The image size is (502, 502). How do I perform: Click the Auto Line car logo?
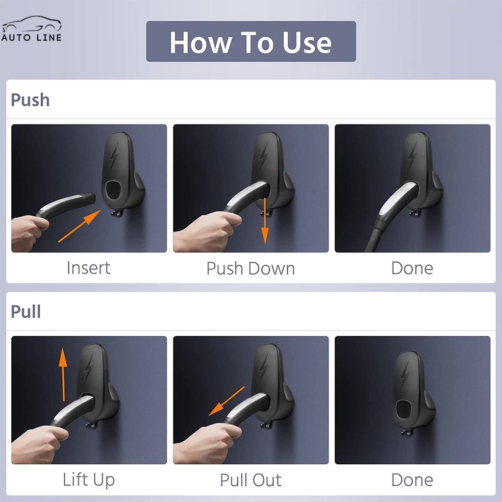coord(31,28)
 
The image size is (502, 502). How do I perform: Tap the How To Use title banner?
coord(251,41)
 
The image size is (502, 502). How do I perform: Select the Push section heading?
coord(30,100)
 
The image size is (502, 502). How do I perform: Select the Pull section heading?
coord(25,311)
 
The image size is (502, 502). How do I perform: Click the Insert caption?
coord(89,268)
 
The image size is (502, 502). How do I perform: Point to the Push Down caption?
coord(251,268)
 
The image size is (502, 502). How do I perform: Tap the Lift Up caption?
coord(89,479)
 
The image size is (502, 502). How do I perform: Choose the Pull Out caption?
coord(251,480)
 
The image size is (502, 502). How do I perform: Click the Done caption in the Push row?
coord(412,268)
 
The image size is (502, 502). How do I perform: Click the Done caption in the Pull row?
coord(412,480)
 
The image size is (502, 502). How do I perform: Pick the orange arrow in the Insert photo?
coord(80,226)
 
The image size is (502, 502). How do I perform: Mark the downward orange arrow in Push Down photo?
coord(265,221)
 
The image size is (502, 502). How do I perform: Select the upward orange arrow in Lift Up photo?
coord(63,375)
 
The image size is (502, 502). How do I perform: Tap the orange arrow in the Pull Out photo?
coord(226,401)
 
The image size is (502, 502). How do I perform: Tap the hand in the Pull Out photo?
coord(207,443)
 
